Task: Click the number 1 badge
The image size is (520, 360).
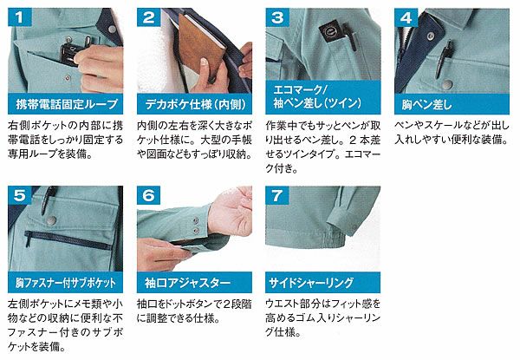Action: [20, 17]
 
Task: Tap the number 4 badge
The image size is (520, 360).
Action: [406, 17]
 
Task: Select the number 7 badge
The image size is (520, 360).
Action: [277, 195]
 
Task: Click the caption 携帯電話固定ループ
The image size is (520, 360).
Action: [67, 104]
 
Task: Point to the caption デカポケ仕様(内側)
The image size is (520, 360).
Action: [196, 104]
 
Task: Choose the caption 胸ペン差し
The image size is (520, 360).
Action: [426, 104]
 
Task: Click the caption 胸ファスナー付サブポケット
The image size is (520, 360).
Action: [66, 282]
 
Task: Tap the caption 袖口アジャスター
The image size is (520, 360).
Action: [187, 282]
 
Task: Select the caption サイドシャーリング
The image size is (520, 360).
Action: [311, 282]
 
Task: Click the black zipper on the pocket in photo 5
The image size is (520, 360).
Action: [68, 239]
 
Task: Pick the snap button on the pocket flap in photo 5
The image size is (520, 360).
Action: [51, 220]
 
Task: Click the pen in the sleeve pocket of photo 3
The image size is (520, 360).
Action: [350, 37]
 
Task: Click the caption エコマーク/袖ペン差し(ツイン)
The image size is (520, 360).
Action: [317, 96]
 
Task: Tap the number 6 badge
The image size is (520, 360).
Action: [148, 195]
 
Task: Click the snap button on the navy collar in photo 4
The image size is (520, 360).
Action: [430, 36]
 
